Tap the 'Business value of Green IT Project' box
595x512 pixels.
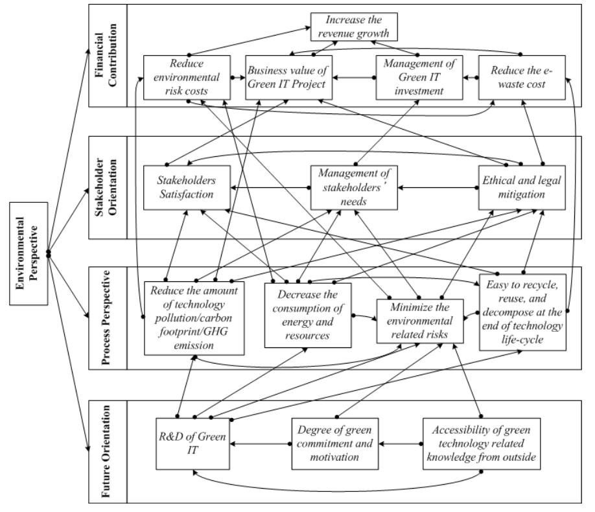(x=289, y=77)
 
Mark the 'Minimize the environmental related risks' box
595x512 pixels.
(x=421, y=321)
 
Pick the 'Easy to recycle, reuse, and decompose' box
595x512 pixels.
(x=522, y=312)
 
